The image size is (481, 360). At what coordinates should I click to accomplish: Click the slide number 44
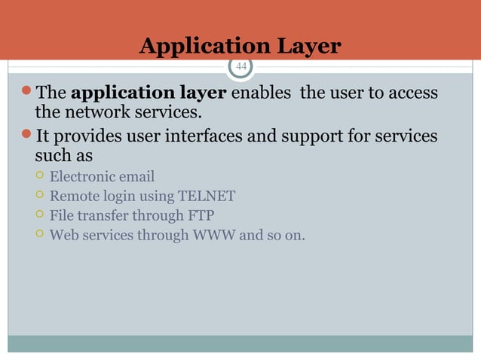click(x=241, y=66)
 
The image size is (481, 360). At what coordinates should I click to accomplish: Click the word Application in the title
click(x=194, y=46)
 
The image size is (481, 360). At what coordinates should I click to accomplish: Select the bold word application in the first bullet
click(x=112, y=94)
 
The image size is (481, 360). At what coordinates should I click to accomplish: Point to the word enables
click(x=262, y=94)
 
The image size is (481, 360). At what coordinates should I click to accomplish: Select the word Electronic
click(x=81, y=177)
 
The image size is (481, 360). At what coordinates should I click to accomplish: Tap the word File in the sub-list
click(x=62, y=216)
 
